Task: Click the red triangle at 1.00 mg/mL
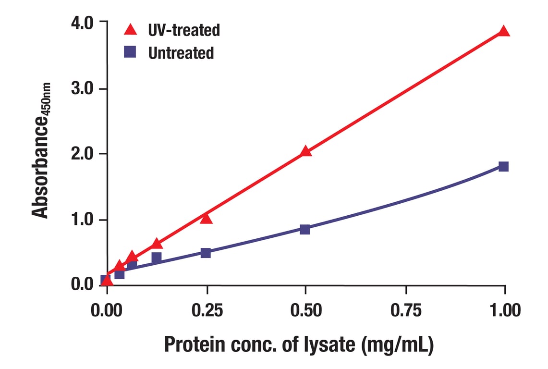[503, 32]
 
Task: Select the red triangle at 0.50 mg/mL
[305, 152]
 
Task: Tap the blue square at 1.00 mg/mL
[503, 167]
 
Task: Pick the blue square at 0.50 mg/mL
[304, 229]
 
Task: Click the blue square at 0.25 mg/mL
[206, 253]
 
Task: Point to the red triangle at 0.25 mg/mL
[206, 219]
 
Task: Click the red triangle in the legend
[130, 30]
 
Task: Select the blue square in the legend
[130, 52]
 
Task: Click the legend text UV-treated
[184, 30]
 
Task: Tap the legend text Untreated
[181, 52]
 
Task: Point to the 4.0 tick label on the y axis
[83, 23]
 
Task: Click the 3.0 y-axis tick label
[83, 89]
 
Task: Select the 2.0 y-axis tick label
[83, 154]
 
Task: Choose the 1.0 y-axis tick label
[83, 220]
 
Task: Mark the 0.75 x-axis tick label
[406, 310]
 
